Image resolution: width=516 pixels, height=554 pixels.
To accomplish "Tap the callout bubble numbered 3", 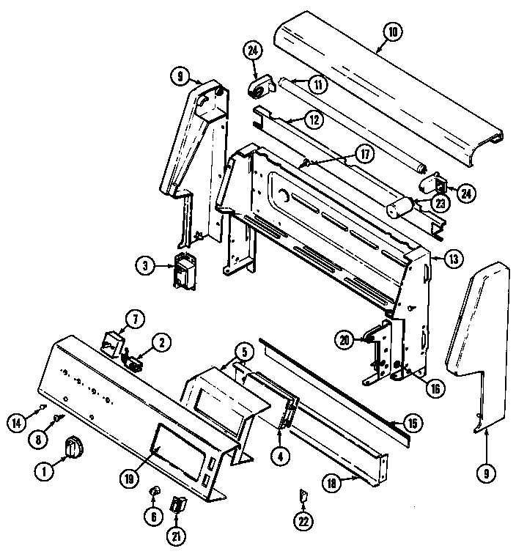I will tap(146, 265).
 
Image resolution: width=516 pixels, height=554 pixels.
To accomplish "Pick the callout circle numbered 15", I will tap(415, 424).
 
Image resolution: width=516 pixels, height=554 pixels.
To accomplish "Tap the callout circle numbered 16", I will tap(435, 388).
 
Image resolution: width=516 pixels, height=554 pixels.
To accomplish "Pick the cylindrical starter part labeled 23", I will tap(401, 207).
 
